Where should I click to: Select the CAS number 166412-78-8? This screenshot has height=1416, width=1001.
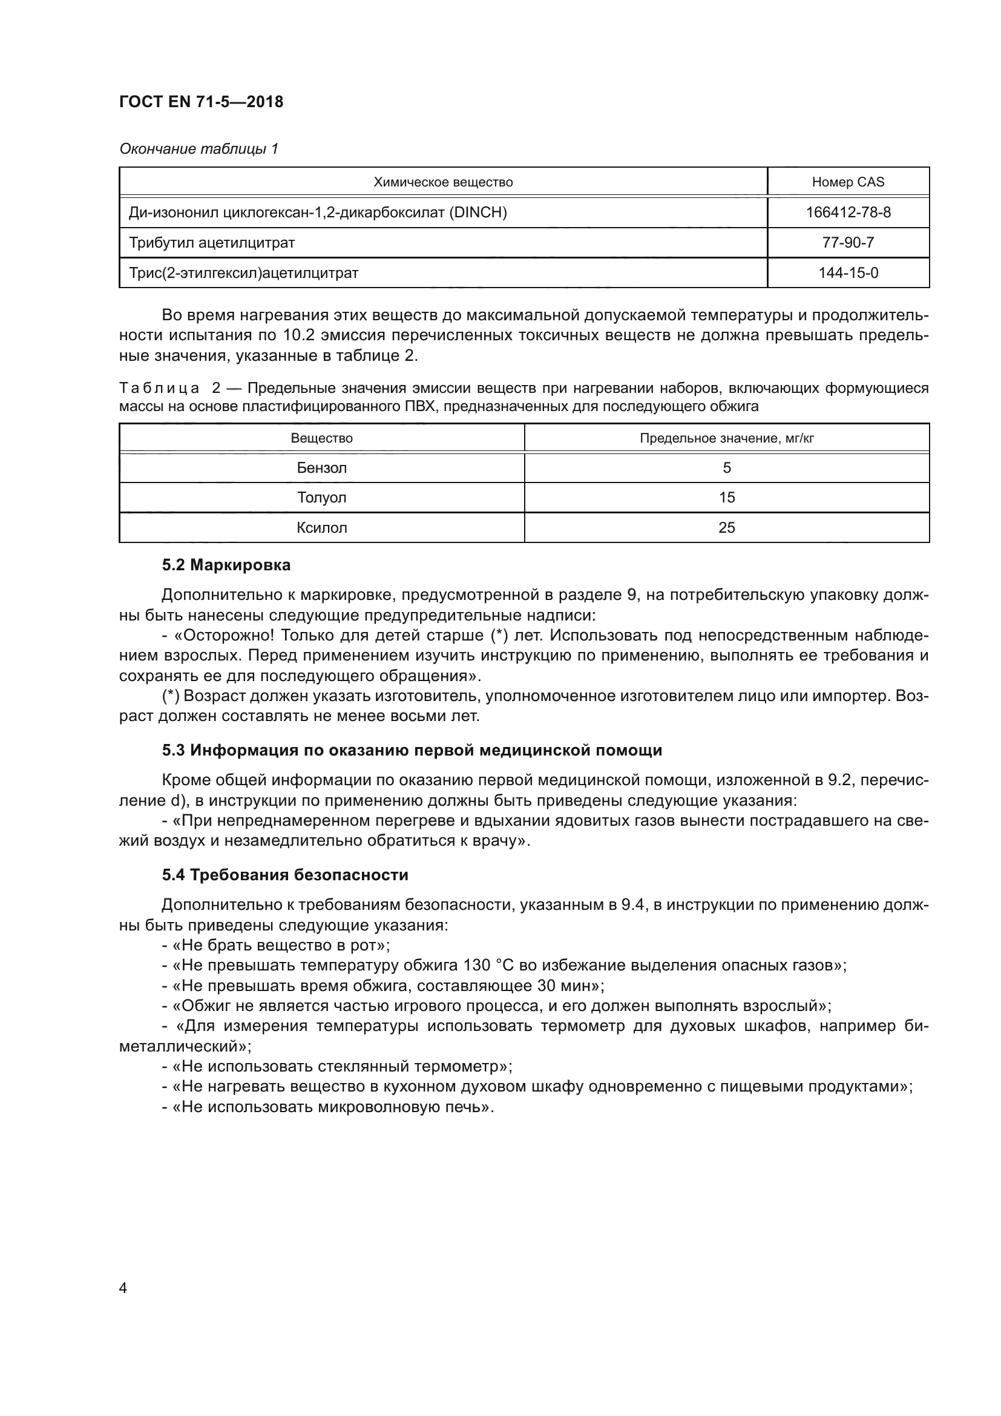tap(847, 212)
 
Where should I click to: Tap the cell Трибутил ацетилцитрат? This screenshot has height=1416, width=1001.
tap(211, 243)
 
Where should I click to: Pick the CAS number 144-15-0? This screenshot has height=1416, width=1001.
tap(847, 273)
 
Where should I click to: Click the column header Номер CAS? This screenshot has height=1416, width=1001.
tap(847, 183)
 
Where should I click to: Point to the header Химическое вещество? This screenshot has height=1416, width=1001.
tap(443, 183)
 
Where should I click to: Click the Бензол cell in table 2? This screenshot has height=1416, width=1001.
tap(322, 468)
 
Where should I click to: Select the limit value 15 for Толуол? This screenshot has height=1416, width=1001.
tap(727, 498)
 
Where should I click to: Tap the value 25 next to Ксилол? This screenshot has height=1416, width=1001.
tap(727, 528)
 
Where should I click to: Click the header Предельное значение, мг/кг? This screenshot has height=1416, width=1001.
tap(727, 438)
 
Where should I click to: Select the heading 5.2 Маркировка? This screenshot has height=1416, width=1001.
tap(226, 565)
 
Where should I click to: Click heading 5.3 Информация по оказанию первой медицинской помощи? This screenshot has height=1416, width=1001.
tap(412, 751)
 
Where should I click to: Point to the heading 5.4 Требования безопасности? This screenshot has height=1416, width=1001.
tap(285, 875)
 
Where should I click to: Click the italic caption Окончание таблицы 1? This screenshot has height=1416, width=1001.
tap(199, 150)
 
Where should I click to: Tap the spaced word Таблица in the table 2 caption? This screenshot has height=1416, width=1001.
tap(159, 389)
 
